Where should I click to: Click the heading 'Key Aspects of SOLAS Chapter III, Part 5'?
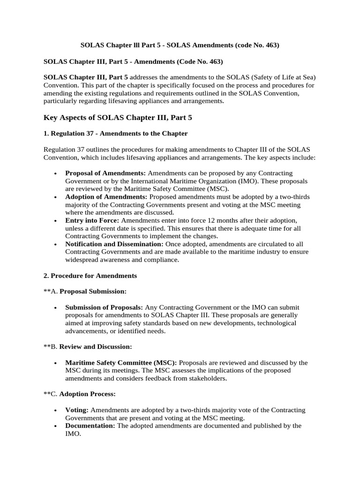[118, 118]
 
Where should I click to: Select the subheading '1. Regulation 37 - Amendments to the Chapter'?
[115, 134]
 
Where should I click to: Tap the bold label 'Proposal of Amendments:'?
[105, 173]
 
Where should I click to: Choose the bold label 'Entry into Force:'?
[92, 220]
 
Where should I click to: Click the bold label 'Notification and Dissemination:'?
[114, 244]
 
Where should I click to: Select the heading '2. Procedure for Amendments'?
[90, 276]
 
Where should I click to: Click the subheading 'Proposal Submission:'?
[93, 292]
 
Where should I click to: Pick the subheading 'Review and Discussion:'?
[96, 347]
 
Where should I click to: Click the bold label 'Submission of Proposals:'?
[104, 307]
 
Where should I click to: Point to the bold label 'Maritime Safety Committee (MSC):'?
[121, 363]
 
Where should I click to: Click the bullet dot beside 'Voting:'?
[56, 410]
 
